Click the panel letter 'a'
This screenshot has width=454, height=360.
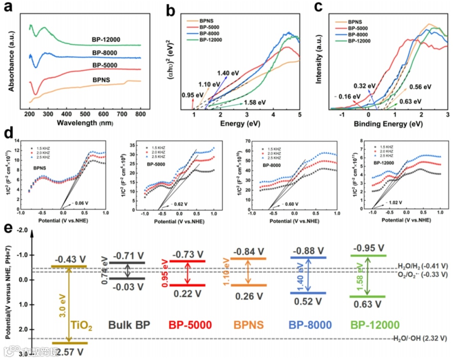[9, 9]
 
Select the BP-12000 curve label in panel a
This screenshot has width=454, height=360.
[106, 40]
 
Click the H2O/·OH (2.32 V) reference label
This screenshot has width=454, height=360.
[420, 338]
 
